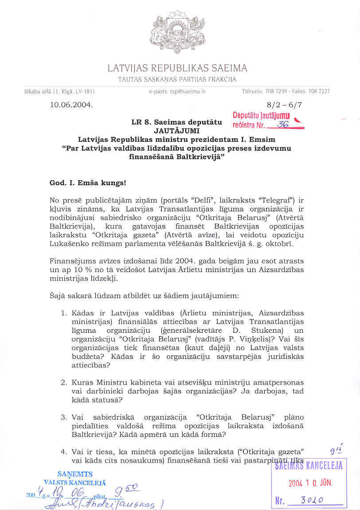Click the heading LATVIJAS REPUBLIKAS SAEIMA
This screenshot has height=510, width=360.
point(177,68)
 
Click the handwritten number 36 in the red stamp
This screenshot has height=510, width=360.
point(282,125)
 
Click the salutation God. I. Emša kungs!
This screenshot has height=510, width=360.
point(84,183)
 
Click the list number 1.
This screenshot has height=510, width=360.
point(64,313)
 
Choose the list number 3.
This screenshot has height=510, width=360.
point(64,417)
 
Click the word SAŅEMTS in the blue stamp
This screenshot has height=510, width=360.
point(74,474)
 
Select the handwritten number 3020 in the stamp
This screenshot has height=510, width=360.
point(312,500)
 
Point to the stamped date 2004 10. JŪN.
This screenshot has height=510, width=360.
point(310,483)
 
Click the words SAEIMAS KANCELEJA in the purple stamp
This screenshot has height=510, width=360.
point(309,466)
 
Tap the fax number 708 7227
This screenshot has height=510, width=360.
point(318,92)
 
